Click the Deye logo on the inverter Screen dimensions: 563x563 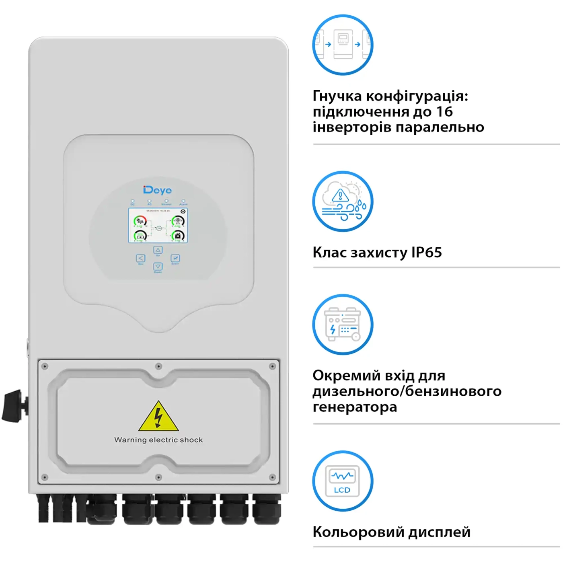157,190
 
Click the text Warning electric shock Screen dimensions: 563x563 158,440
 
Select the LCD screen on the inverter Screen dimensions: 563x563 158,226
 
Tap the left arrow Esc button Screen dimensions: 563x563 141,258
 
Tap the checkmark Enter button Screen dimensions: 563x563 175,258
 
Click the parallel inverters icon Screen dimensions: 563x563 343,45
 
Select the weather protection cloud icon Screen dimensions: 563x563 343,201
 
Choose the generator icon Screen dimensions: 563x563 343,325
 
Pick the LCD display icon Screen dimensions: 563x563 343,481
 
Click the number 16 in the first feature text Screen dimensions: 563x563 444,112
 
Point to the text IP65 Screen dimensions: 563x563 426,253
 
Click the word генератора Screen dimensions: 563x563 355,407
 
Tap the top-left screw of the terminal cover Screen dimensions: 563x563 45,366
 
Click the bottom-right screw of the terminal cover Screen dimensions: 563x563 272,477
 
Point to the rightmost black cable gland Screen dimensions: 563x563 267,510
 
